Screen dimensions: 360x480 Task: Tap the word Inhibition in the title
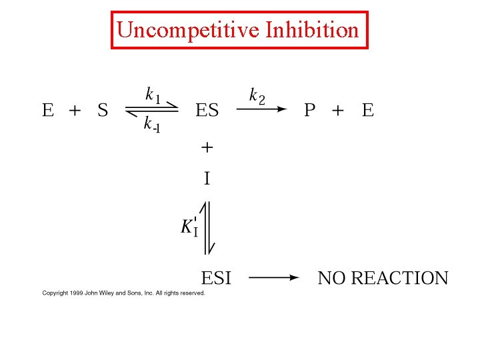pos(312,30)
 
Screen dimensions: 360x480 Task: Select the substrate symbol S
pos(103,110)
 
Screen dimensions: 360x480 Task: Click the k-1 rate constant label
pos(151,125)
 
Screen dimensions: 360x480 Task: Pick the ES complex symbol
pos(207,110)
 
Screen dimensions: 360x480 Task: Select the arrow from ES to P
pos(261,110)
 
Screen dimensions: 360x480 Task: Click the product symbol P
pos(310,110)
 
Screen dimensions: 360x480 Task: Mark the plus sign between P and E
pos(338,110)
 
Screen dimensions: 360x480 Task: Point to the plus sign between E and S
pos(74,110)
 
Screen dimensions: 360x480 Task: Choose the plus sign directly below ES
pos(207,146)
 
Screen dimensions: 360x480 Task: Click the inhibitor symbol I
pos(207,178)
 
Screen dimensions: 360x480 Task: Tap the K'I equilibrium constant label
pos(189,225)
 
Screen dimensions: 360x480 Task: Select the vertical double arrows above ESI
pos(207,227)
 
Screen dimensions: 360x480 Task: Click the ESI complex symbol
pos(216,278)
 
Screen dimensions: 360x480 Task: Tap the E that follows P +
pos(368,110)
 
